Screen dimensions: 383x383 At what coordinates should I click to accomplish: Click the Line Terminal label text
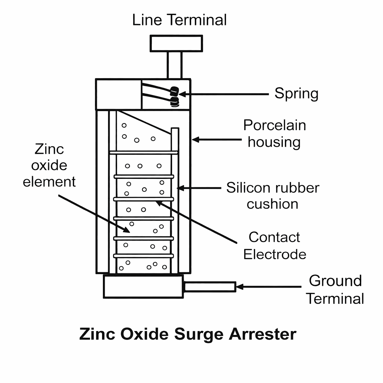point(180,20)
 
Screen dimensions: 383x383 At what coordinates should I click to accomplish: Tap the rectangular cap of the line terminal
point(176,43)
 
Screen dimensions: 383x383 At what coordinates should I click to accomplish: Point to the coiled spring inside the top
point(174,96)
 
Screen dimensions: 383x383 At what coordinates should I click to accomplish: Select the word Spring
point(296,94)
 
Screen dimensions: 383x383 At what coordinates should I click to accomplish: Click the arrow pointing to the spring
point(224,94)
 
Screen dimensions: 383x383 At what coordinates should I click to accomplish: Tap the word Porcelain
point(275,125)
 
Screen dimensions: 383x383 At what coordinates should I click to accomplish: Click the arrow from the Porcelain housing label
point(217,140)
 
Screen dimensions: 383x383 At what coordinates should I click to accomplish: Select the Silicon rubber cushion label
point(273,196)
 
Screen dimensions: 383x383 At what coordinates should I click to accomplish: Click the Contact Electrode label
point(275,246)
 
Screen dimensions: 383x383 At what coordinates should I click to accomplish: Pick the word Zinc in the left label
point(49,149)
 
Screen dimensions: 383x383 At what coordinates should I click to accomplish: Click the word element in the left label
point(49,182)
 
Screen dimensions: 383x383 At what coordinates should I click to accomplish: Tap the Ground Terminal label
point(335,289)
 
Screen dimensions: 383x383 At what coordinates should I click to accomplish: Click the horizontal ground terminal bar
point(209,287)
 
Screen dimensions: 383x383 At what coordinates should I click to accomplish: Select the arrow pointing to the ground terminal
point(269,287)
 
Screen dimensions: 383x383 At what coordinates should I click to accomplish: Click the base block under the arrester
point(143,287)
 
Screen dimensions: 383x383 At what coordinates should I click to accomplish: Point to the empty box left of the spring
point(119,94)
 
